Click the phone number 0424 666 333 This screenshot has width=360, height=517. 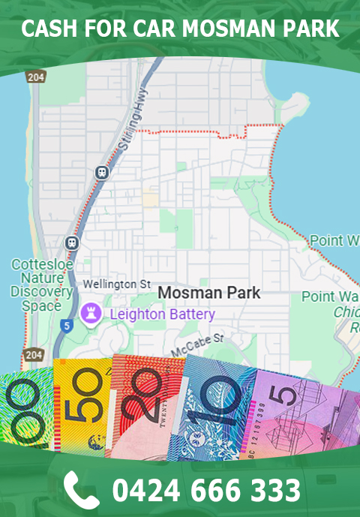tap(206, 490)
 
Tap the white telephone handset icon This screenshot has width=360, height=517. tap(81, 489)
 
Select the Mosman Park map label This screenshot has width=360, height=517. tap(210, 292)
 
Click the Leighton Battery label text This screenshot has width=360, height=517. tap(163, 314)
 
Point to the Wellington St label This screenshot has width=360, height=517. tap(116, 284)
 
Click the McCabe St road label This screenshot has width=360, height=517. tap(198, 344)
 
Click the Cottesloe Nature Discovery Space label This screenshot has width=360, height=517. tap(42, 285)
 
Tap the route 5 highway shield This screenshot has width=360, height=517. tap(67, 326)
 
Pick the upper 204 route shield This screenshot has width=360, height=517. tap(34, 77)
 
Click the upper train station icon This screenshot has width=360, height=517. tap(101, 172)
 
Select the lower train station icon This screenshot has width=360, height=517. tap(72, 242)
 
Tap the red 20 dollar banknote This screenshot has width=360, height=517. tap(146, 405)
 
